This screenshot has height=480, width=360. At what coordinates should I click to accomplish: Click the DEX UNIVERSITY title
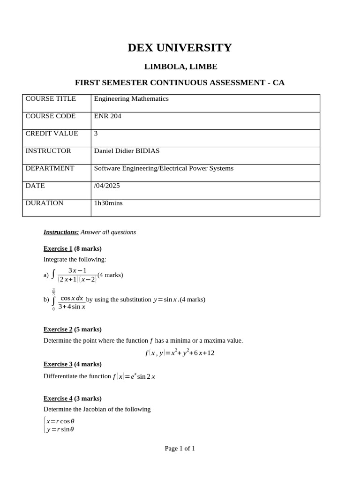(x=180, y=48)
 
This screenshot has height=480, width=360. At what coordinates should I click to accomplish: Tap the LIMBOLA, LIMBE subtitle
(x=180, y=67)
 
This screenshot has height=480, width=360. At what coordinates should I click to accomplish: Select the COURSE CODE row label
(x=50, y=116)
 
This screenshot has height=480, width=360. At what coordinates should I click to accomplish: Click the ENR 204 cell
(x=107, y=116)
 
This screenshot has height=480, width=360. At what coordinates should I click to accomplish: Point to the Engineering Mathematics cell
(x=131, y=99)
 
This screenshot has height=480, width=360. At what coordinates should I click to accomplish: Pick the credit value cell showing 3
(x=96, y=134)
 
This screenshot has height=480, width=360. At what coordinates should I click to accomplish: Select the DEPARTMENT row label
(x=50, y=168)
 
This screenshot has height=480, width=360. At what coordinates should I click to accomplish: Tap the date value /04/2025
(x=107, y=186)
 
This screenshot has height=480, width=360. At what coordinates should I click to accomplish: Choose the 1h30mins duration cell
(x=108, y=203)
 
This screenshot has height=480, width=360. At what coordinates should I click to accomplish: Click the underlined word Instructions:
(x=61, y=232)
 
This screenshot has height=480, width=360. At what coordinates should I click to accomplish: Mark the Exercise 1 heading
(x=58, y=248)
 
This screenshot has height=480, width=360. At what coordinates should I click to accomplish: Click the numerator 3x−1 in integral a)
(x=77, y=270)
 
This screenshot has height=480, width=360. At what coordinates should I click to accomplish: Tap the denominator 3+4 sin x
(x=72, y=307)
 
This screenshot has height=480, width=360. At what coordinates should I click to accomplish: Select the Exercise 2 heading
(x=58, y=329)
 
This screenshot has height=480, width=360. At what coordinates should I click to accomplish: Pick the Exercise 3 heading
(x=58, y=364)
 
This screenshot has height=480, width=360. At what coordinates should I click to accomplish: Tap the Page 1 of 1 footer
(x=180, y=449)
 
